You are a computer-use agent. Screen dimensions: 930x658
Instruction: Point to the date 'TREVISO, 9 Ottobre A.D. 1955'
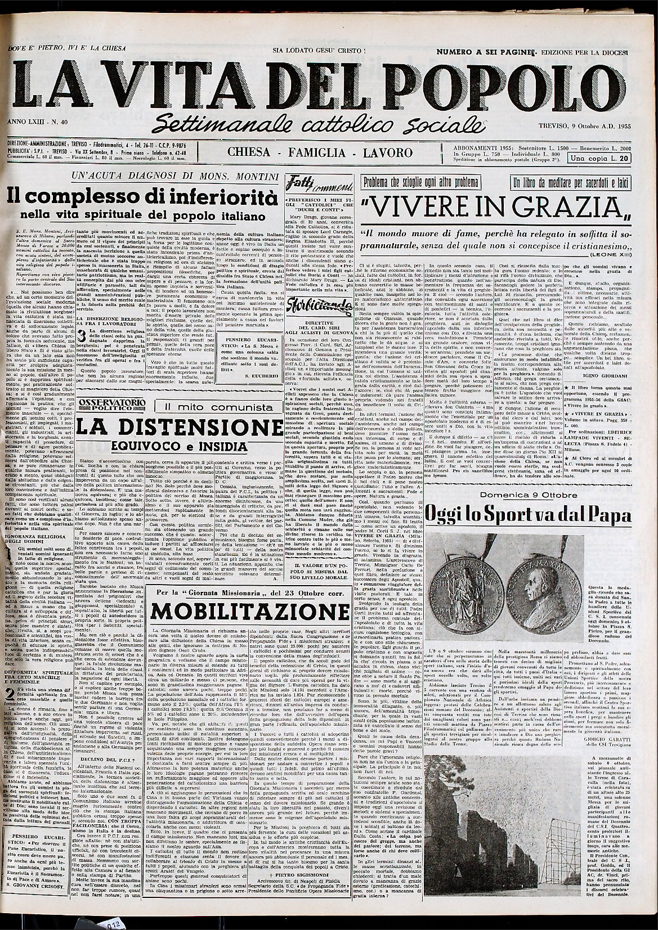pos(583,124)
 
